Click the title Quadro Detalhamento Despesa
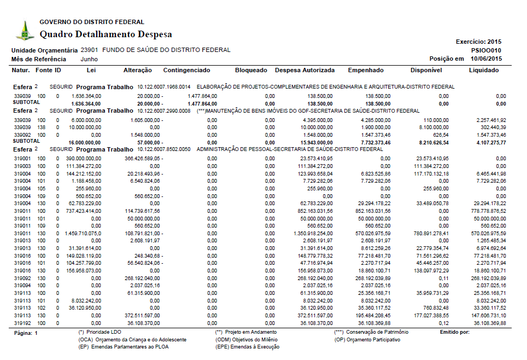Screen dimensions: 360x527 point(106,34)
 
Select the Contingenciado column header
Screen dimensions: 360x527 point(186,70)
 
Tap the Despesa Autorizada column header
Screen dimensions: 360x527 point(305,70)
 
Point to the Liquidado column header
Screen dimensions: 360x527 point(484,70)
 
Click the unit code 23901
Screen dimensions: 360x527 point(89,50)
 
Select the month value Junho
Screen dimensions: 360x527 point(90,59)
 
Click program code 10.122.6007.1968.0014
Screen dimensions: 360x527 point(163,86)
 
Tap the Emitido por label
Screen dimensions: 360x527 point(454,332)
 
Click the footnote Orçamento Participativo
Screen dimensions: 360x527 point(367,340)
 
